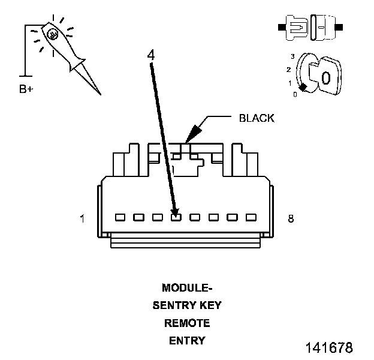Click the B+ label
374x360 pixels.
[26, 89]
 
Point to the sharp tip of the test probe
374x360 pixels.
[100, 94]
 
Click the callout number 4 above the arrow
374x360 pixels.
[151, 55]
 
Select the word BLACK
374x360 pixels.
[257, 118]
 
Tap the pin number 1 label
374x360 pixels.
[82, 218]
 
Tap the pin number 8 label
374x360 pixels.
[291, 218]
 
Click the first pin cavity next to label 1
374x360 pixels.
[120, 217]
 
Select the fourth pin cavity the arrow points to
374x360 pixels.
[176, 217]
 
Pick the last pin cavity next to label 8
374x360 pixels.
[251, 217]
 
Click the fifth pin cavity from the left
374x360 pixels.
[195, 217]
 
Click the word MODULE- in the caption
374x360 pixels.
[187, 287]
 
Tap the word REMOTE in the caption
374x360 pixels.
[187, 323]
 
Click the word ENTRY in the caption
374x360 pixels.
[187, 341]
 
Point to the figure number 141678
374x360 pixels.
[329, 347]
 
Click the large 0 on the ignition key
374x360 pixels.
[326, 78]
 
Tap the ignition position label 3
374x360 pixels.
[292, 56]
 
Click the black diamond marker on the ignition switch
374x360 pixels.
[303, 88]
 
